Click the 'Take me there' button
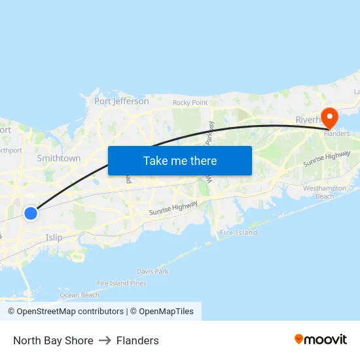click(180, 160)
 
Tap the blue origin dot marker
click(31, 213)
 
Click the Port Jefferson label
click(122, 101)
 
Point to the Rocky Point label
click(190, 103)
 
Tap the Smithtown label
click(59, 158)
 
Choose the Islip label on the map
click(54, 238)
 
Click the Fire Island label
click(238, 232)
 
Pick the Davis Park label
click(153, 271)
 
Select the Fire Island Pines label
click(122, 283)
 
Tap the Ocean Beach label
click(80, 295)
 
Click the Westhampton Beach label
click(320, 192)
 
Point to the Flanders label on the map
click(336, 134)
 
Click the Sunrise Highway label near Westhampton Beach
click(327, 160)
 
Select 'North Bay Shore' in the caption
click(53, 340)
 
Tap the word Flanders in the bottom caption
click(137, 340)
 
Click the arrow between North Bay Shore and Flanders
click(105, 340)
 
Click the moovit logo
click(321, 339)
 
